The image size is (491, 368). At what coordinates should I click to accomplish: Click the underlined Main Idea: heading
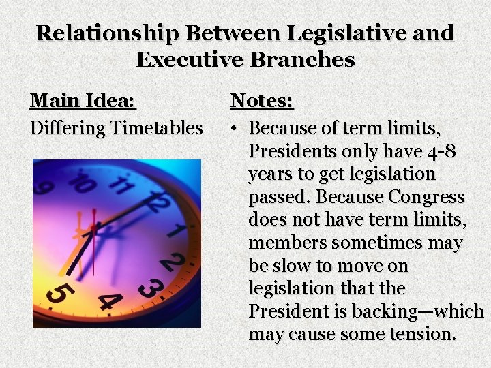tap(83, 101)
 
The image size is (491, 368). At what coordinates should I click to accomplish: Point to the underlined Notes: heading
tap(262, 101)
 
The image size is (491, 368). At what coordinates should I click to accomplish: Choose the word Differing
tap(66, 128)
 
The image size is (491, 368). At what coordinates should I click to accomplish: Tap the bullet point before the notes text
tap(233, 129)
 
